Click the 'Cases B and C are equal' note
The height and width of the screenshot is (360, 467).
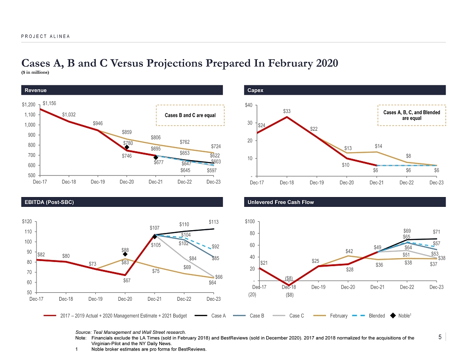(x=190, y=115)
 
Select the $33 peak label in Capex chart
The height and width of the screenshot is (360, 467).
(x=287, y=111)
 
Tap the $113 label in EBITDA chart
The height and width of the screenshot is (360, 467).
(x=214, y=222)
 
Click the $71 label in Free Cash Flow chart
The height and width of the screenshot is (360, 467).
(x=436, y=232)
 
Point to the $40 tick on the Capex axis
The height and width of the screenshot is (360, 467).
(x=249, y=106)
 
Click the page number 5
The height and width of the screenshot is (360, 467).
(x=441, y=336)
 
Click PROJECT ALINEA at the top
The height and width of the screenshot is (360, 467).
(x=45, y=36)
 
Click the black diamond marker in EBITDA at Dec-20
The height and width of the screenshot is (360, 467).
(x=125, y=254)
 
